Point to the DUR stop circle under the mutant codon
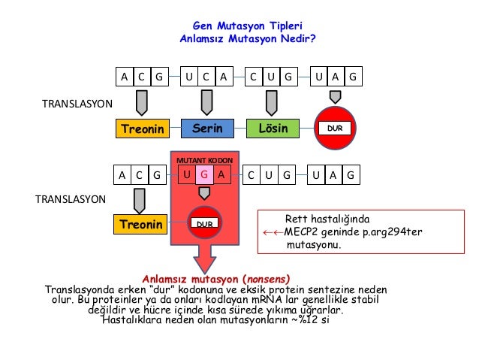tap(204, 224)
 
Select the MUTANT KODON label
tap(204, 161)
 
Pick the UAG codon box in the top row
tap(335, 76)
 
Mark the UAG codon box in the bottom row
tap(335, 175)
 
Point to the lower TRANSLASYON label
tap(71, 199)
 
